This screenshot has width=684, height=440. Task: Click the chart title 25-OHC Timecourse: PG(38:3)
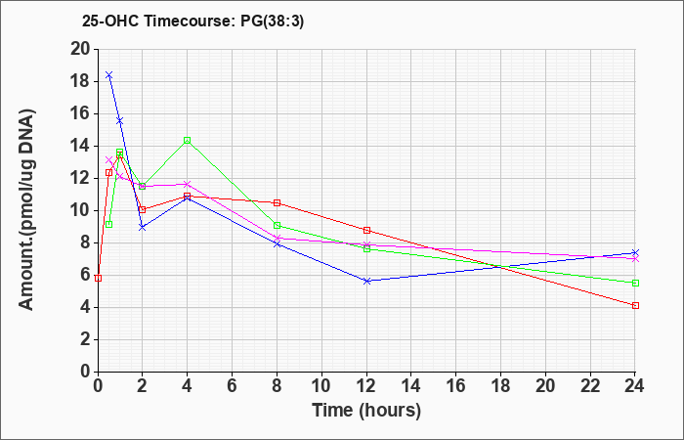192,22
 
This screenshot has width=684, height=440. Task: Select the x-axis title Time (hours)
366,411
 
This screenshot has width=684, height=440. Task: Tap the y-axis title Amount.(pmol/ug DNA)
27,209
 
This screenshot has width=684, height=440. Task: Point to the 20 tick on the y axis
80,49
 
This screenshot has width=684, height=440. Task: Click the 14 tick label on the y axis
80,147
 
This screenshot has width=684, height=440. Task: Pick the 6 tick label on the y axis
85,276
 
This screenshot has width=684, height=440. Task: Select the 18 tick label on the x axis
500,386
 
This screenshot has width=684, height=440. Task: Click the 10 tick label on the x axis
321,386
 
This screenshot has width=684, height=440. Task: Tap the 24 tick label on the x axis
635,386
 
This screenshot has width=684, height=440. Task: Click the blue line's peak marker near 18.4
109,75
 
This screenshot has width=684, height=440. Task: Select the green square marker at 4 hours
188,140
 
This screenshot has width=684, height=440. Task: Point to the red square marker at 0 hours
98,278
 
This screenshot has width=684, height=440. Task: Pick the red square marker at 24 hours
635,305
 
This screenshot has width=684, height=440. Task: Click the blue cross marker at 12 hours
366,281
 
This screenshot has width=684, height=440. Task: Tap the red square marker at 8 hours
277,203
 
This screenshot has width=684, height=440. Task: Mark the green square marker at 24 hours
635,283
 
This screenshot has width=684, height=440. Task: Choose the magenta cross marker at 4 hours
188,184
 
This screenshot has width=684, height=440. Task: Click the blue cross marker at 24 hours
635,252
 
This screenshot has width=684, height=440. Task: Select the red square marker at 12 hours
366,230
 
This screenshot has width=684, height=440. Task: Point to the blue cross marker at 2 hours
143,227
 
